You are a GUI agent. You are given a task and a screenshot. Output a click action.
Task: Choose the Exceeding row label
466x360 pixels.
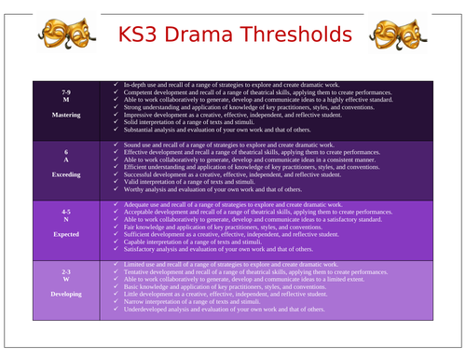65,173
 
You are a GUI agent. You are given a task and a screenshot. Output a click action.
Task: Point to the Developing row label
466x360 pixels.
65,293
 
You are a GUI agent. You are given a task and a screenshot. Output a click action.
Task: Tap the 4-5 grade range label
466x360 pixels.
65,212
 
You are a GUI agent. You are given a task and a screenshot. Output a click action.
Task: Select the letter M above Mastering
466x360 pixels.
65,102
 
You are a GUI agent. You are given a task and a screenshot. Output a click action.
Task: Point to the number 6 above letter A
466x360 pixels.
65,150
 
